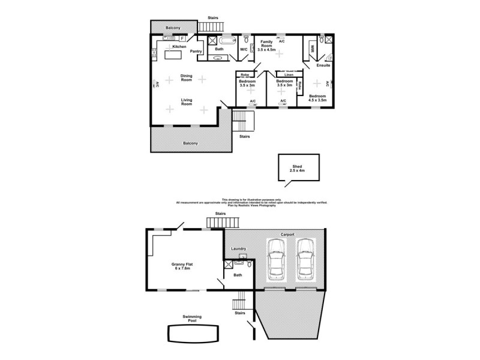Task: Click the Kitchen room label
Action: [179, 46]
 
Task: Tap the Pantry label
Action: [196, 52]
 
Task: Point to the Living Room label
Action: [187, 102]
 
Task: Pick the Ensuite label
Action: [323, 65]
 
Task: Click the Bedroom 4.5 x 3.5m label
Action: [317, 98]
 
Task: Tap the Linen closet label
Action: [289, 74]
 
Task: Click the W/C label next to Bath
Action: [244, 49]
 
